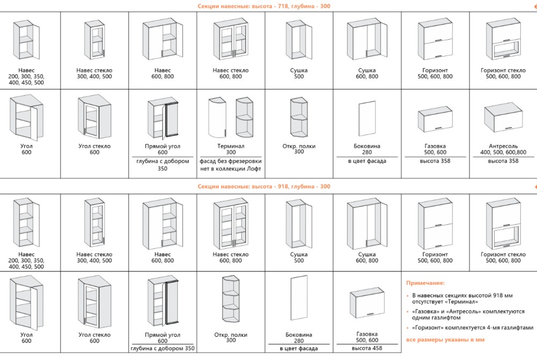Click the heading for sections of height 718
click(x=264, y=6)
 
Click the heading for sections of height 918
click(x=264, y=186)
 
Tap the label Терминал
click(x=231, y=146)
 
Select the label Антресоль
click(x=503, y=146)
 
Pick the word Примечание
click(x=425, y=283)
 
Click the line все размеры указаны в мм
click(x=446, y=340)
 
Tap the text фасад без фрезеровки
click(x=231, y=161)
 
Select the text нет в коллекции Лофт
click(x=231, y=169)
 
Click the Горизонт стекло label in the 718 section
click(x=503, y=70)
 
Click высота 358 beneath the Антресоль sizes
click(x=503, y=161)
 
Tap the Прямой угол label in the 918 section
click(x=163, y=335)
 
